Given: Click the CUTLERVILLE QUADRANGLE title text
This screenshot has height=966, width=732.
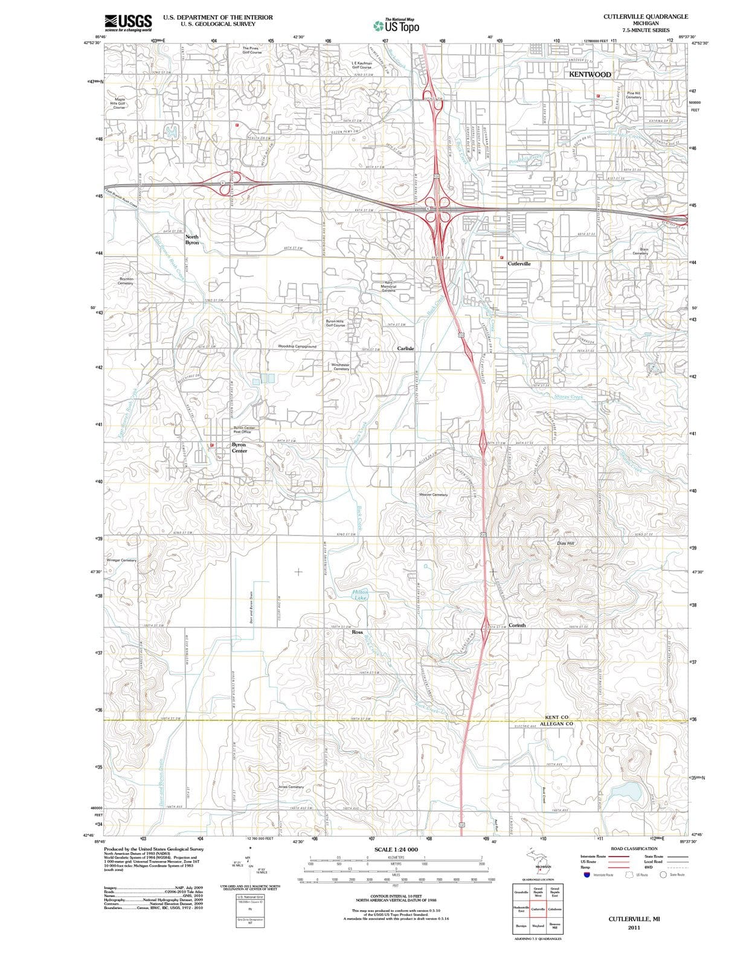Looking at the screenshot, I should (645, 16).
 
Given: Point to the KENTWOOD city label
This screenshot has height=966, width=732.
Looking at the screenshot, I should (590, 74).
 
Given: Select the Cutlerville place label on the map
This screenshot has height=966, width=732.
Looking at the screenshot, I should (519, 264).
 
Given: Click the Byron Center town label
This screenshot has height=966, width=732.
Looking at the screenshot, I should (239, 447).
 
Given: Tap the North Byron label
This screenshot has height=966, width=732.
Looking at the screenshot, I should (192, 239).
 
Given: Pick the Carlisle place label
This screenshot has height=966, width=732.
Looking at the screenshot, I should (406, 348).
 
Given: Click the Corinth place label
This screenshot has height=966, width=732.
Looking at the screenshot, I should (517, 625).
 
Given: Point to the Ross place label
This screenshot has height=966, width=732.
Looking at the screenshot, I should (357, 632).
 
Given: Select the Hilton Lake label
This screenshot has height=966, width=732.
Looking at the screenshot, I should (360, 595).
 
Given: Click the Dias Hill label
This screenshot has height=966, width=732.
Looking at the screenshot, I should (565, 543).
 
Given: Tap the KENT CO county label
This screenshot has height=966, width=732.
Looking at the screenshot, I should (557, 717).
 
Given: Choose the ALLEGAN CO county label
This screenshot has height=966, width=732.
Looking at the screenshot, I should (556, 723).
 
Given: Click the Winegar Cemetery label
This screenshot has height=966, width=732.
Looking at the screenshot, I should (121, 560).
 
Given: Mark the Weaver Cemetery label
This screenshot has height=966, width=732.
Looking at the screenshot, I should (433, 494).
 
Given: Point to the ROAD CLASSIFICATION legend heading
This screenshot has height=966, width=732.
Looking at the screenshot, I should (634, 848).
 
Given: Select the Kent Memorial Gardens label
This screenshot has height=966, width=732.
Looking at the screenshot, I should (388, 286).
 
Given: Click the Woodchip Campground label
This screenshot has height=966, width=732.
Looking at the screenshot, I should (297, 347).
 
